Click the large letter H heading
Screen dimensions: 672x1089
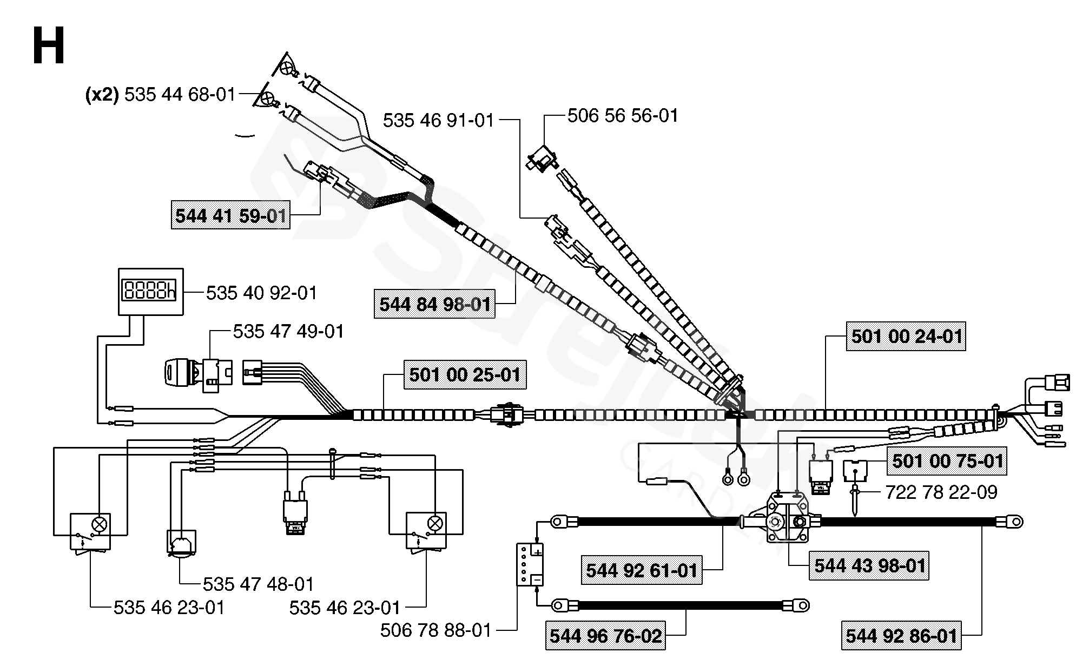click(49, 47)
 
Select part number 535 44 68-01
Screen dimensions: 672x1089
click(180, 95)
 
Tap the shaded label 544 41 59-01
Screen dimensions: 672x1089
click(230, 216)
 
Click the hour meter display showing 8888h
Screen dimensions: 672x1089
click(151, 291)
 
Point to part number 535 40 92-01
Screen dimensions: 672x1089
click(261, 293)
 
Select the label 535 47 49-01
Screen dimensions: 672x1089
click(288, 331)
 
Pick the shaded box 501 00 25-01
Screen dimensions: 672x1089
click(465, 374)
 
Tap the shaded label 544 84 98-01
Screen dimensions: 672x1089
click(435, 304)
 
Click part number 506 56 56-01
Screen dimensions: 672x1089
click(623, 116)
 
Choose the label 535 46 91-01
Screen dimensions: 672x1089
click(439, 121)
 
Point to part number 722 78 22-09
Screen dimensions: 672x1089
click(941, 492)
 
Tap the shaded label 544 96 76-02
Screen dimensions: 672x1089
click(605, 636)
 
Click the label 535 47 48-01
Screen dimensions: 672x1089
click(258, 584)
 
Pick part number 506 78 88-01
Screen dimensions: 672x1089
click(435, 630)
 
